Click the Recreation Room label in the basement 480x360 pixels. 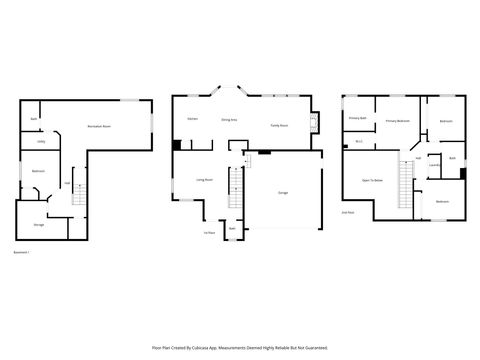point(99,127)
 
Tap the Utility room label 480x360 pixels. point(41,142)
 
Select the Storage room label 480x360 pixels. point(38,225)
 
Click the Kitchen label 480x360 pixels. point(192,119)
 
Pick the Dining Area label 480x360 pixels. point(229,119)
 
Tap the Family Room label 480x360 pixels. point(279,125)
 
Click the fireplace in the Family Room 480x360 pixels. point(314,125)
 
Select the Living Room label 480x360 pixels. point(204,179)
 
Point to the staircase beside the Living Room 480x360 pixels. point(237,187)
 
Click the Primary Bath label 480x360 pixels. point(357,118)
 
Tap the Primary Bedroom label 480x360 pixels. point(398,120)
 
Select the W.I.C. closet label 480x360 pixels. point(359,141)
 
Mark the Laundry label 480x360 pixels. point(433,165)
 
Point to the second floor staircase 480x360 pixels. point(406,185)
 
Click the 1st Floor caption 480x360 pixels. point(210,233)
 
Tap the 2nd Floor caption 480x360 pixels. point(348,212)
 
